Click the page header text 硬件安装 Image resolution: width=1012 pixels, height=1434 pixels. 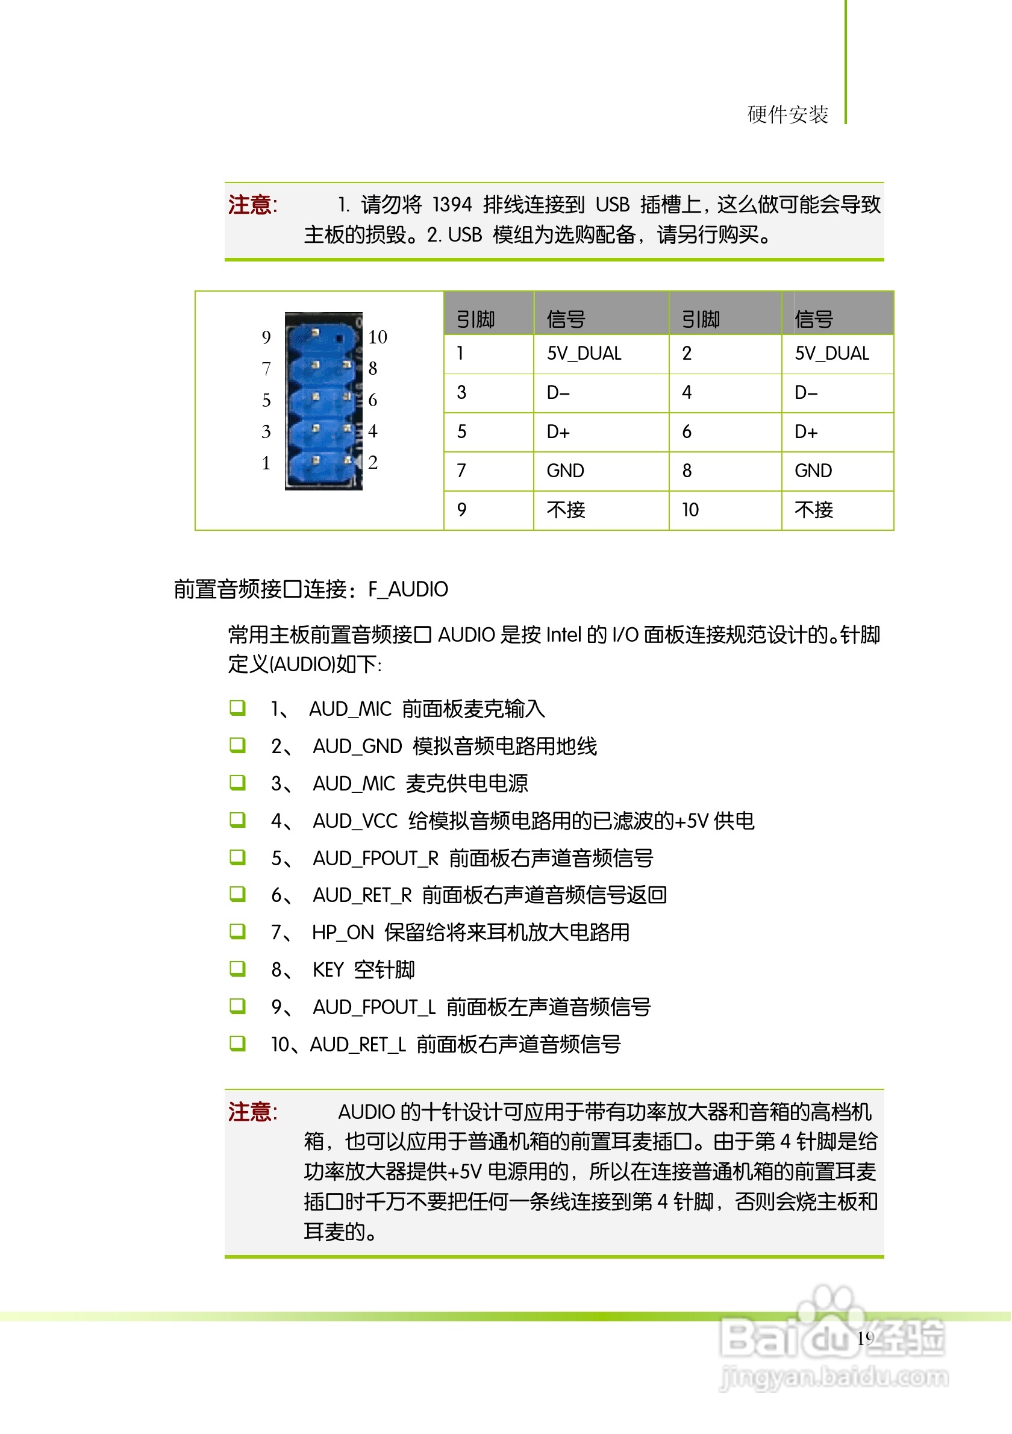pyautogui.click(x=788, y=115)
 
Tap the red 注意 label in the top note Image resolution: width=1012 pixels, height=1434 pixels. pyautogui.click(x=251, y=205)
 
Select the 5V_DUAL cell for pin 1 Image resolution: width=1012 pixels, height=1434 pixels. pyautogui.click(x=584, y=354)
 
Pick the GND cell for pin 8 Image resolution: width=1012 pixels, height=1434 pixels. pyautogui.click(x=813, y=471)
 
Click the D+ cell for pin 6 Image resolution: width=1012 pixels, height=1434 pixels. pyautogui.click(x=806, y=432)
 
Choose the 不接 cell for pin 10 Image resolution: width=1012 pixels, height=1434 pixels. pyautogui.click(x=814, y=510)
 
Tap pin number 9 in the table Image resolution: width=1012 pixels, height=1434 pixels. pyautogui.click(x=462, y=510)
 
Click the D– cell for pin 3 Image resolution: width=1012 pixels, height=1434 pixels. pyautogui.click(x=558, y=393)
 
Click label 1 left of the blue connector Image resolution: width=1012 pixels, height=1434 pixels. pyautogui.click(x=267, y=463)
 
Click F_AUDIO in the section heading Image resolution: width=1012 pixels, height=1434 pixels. pyautogui.click(x=408, y=590)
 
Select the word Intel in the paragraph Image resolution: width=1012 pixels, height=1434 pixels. pyautogui.click(x=564, y=635)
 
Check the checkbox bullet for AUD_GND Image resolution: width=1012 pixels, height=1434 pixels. pyautogui.click(x=238, y=746)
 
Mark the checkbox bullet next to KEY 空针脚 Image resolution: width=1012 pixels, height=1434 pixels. pyautogui.click(x=238, y=969)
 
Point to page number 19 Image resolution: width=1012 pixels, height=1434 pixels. pyautogui.click(x=866, y=1338)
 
